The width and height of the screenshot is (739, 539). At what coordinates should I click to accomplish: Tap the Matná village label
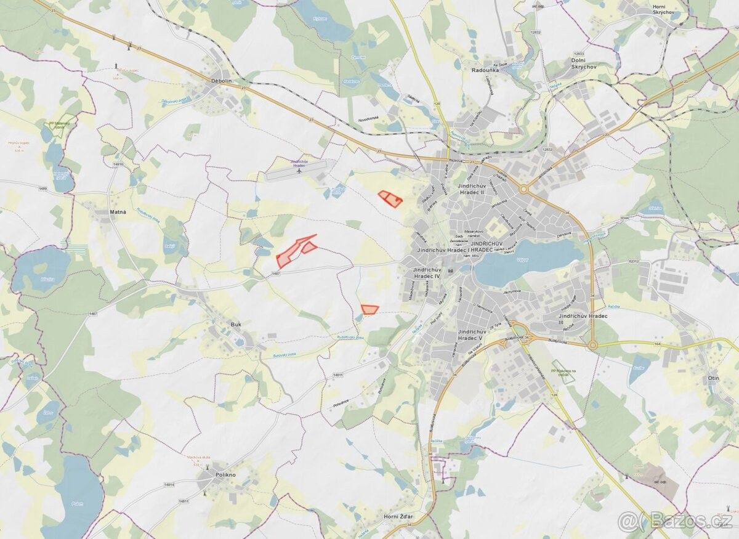118,212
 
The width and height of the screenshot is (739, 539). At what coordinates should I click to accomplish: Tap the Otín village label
714,377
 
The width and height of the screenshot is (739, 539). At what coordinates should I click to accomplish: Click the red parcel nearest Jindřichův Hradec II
390,198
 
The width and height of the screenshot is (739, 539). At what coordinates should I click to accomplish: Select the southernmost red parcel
369,309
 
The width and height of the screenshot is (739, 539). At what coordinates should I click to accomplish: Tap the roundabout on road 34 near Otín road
593,346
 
